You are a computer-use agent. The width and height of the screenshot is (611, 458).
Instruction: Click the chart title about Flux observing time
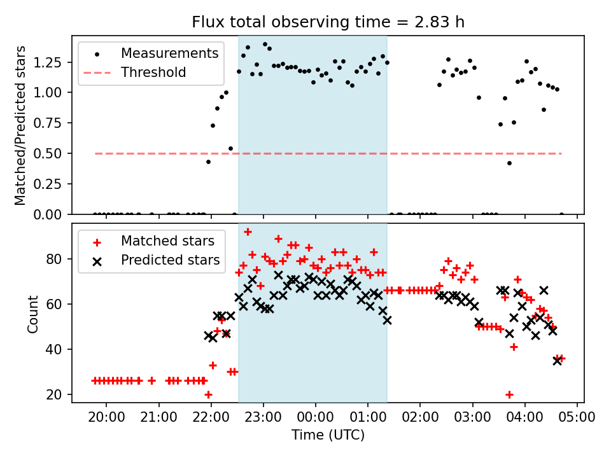pos(328,22)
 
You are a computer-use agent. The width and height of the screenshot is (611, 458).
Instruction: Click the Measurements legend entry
pos(169,53)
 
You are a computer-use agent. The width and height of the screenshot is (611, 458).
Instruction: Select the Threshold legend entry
pos(153,73)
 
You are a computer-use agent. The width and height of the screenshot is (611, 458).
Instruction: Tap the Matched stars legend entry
pos(167,241)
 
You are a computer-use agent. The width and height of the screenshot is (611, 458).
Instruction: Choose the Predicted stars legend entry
pos(170,260)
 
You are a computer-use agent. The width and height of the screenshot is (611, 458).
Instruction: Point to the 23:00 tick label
pos(263,417)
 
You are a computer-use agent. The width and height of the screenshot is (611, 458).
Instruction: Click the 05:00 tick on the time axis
pos(577,417)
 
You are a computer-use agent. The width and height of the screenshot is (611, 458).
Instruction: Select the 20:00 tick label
pos(106,417)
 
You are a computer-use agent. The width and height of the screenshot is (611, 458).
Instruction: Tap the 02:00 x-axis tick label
pos(420,417)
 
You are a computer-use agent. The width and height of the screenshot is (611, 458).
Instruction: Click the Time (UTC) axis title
pos(328,436)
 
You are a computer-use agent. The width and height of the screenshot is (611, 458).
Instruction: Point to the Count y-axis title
pos(32,314)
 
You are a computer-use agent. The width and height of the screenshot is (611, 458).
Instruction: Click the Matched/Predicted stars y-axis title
pos(20,125)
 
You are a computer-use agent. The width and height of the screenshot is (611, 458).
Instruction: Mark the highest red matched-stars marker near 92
pos(248,232)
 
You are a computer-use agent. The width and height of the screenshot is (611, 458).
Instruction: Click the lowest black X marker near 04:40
pos(558,361)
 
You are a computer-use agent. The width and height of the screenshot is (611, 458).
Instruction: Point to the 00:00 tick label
pos(315,417)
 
